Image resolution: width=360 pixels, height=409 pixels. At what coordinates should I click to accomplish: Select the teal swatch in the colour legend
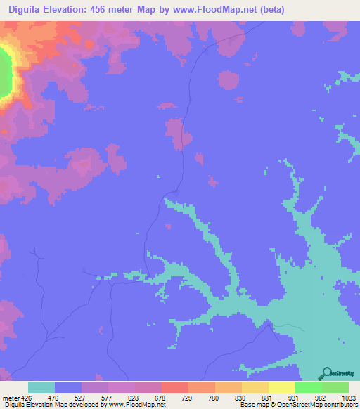click(41, 387)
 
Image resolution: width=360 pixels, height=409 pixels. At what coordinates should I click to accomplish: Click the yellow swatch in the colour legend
click(282, 387)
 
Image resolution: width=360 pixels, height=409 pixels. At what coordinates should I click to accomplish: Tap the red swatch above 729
click(174, 387)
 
